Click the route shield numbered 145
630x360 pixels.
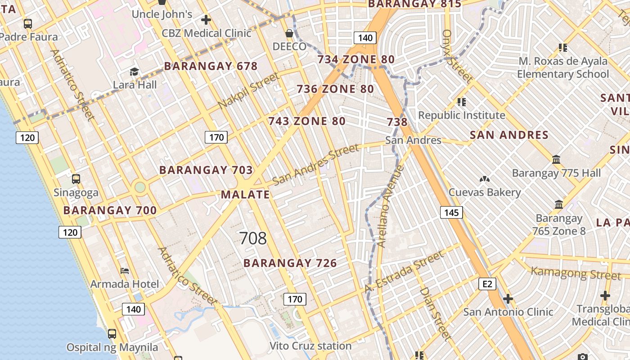pyautogui.click(x=451, y=212)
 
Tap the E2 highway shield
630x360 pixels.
pyautogui.click(x=487, y=283)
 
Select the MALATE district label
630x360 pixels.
pyautogui.click(x=245, y=195)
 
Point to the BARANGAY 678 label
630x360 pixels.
pyautogui.click(x=211, y=66)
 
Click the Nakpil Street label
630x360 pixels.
pyautogui.click(x=249, y=91)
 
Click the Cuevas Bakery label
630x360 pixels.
pyautogui.click(x=485, y=193)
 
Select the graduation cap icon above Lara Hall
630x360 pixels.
pyautogui.click(x=134, y=72)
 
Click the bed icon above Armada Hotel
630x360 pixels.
pyautogui.click(x=125, y=270)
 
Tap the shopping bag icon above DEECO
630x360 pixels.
pyautogui.click(x=289, y=33)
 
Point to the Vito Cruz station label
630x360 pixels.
pyautogui.click(x=310, y=346)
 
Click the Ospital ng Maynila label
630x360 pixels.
pyautogui.click(x=112, y=347)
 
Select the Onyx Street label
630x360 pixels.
pyautogui.click(x=457, y=56)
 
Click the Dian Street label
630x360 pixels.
pyautogui.click(x=435, y=314)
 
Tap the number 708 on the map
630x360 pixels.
pyautogui.click(x=253, y=238)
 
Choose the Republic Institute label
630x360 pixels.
pyautogui.click(x=462, y=115)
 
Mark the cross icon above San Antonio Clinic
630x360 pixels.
pyautogui.click(x=508, y=299)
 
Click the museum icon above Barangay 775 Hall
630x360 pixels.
pyautogui.click(x=556, y=160)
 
